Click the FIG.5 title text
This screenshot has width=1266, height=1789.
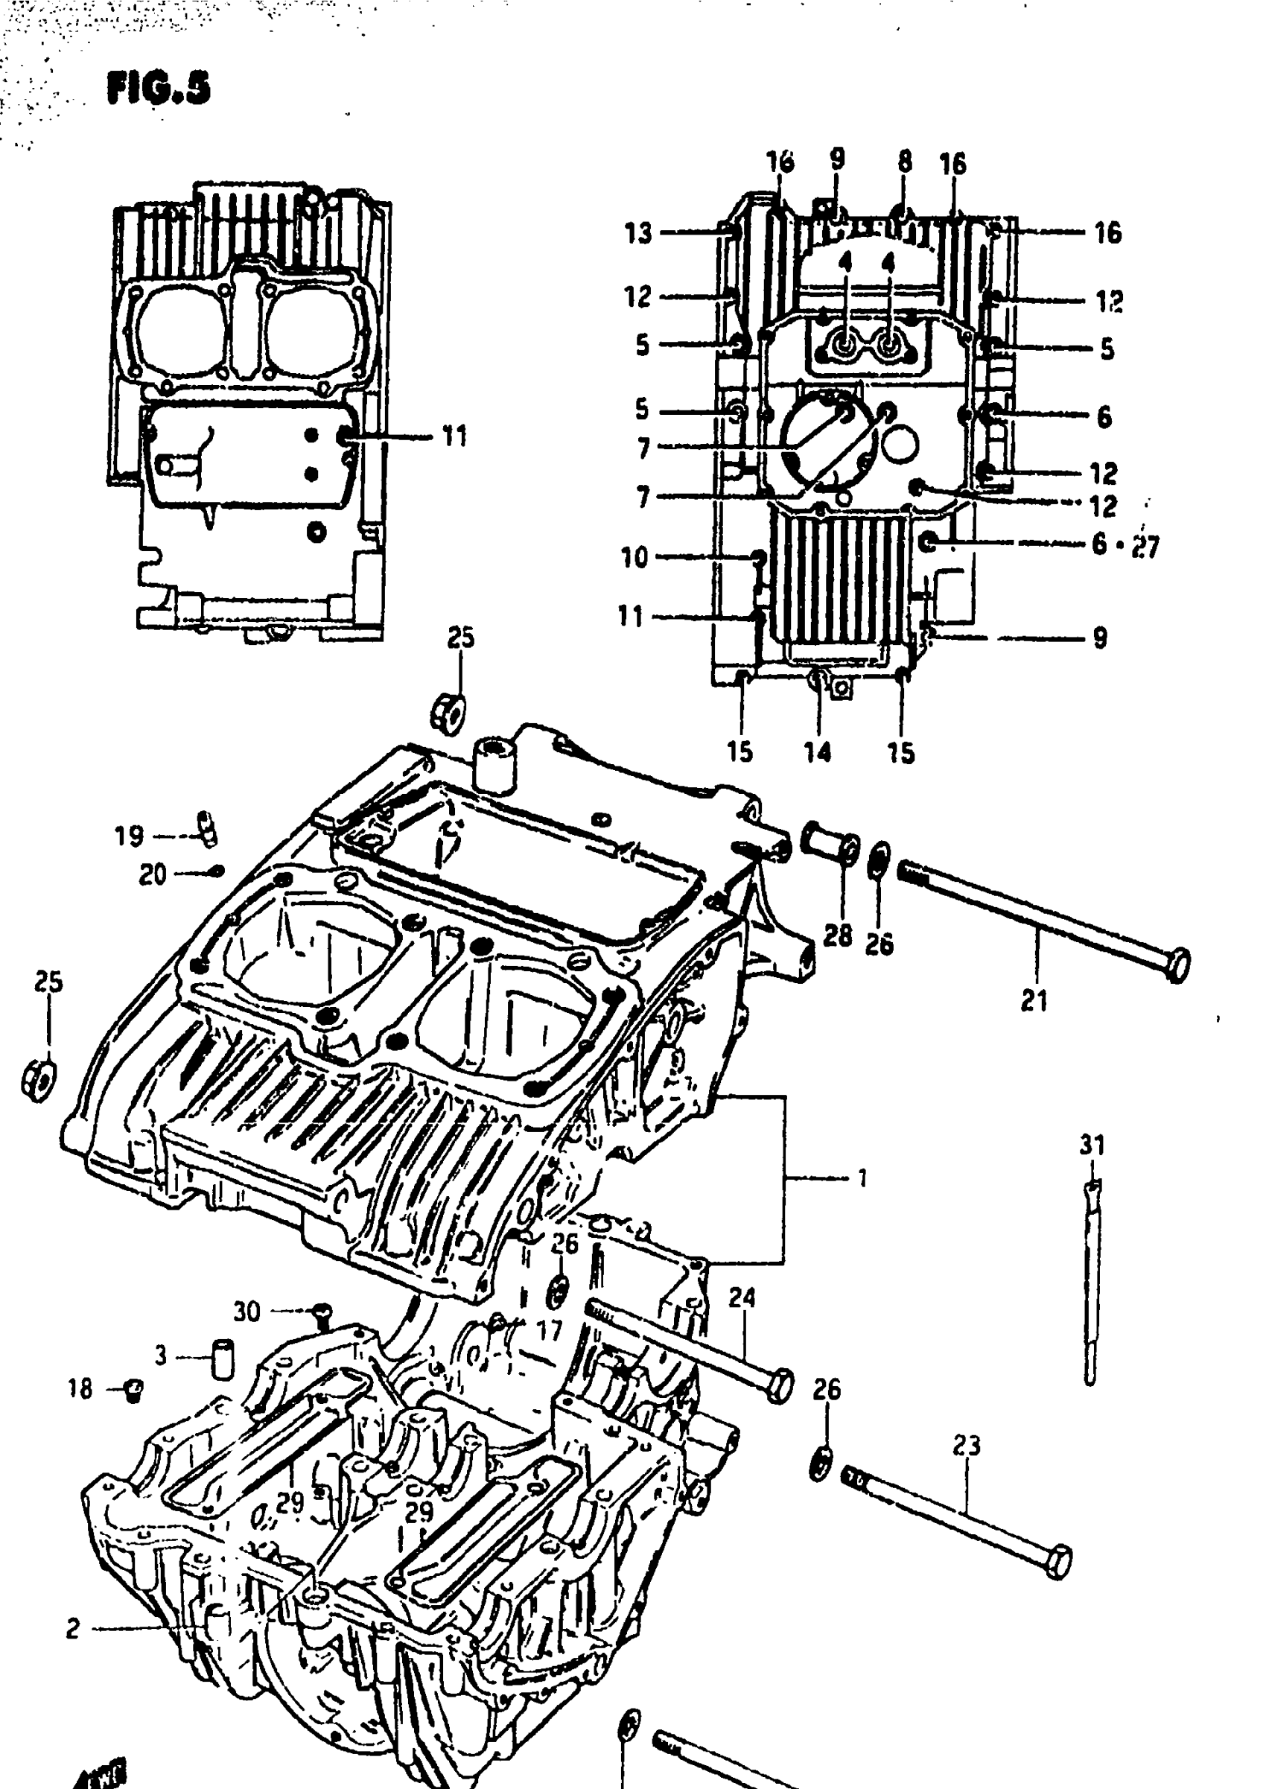tap(159, 88)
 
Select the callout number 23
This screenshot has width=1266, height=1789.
tap(966, 1447)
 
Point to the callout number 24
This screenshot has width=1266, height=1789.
tap(742, 1298)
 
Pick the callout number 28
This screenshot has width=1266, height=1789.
tap(838, 935)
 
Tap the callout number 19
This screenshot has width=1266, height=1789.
tap(130, 836)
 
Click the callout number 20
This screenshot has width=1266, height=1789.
tap(153, 875)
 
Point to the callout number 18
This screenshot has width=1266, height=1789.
tap(80, 1389)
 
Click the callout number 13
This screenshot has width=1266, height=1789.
tap(638, 233)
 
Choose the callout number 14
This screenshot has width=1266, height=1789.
tap(818, 752)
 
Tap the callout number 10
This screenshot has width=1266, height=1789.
tap(634, 558)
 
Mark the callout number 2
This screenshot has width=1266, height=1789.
tap(72, 1629)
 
